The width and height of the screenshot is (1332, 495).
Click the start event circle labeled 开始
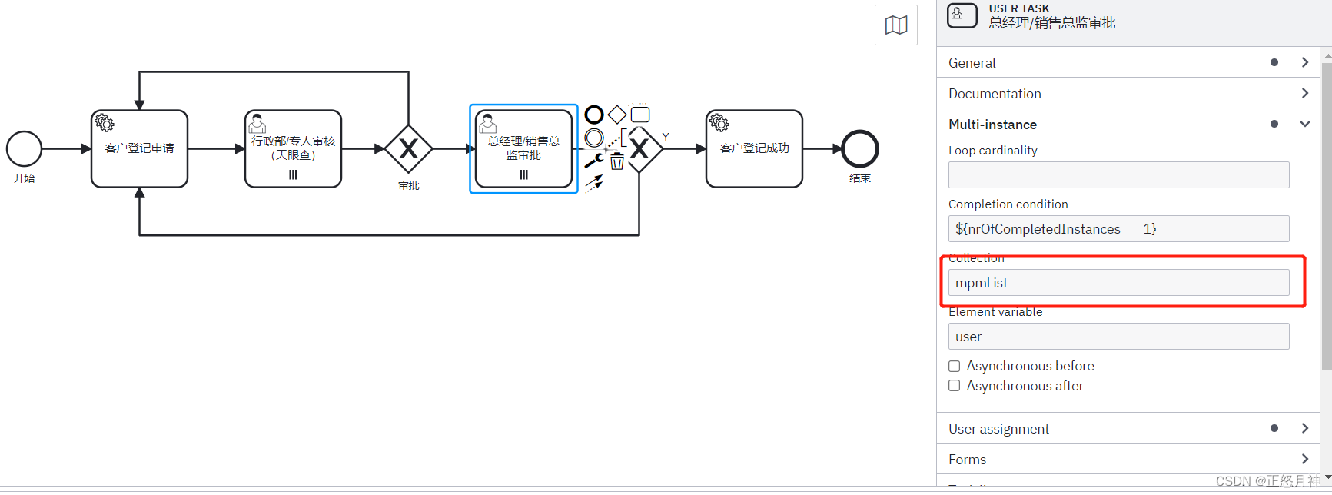[25, 149]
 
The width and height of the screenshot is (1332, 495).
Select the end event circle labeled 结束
[859, 149]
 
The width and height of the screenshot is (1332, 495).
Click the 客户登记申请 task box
[139, 149]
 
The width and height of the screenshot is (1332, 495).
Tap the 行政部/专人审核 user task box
[293, 149]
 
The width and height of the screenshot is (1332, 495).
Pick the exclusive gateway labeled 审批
[408, 149]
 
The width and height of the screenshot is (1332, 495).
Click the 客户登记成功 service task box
[754, 149]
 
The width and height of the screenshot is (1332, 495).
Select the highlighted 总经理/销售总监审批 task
[523, 149]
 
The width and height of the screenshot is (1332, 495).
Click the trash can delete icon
[617, 161]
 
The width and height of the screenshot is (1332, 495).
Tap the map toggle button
[895, 25]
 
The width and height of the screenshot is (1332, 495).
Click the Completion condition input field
[1118, 229]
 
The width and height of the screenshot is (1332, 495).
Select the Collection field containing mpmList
[1118, 283]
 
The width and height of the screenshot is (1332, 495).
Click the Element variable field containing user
[1118, 337]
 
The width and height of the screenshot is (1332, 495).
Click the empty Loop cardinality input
[1118, 175]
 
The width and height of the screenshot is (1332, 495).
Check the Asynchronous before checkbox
[955, 367]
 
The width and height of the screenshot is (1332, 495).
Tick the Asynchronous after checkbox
[955, 386]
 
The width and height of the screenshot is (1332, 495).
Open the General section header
[972, 63]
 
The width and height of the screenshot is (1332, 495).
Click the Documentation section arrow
[1304, 93]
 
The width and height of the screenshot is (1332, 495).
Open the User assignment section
[998, 429]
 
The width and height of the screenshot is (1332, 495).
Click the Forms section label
[967, 460]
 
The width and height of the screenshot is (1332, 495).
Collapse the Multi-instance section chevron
[1304, 124]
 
